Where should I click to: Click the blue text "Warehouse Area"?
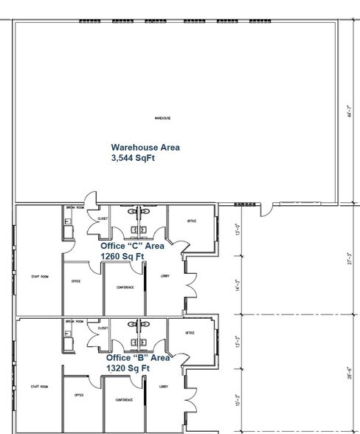pyautogui.click(x=145, y=147)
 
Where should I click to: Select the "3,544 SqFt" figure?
pyautogui.click(x=133, y=158)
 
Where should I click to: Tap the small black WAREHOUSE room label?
pyautogui.click(x=162, y=118)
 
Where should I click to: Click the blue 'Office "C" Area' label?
pyautogui.click(x=133, y=246)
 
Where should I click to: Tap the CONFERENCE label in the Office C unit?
pyautogui.click(x=125, y=287)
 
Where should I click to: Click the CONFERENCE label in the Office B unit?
pyautogui.click(x=125, y=399)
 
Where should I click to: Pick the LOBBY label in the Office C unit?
pyautogui.click(x=165, y=275)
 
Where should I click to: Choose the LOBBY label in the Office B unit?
pyautogui.click(x=164, y=387)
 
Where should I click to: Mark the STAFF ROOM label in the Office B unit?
pyautogui.click(x=39, y=387)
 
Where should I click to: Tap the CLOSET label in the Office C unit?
pyautogui.click(x=103, y=218)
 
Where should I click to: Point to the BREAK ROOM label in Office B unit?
pyautogui.click(x=75, y=321)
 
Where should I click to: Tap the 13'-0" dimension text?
pyautogui.click(x=238, y=230)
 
